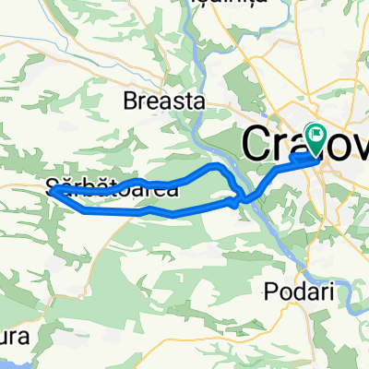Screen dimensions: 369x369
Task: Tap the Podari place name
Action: pos(298,290)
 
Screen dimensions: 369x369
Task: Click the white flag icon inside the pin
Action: pos(315,135)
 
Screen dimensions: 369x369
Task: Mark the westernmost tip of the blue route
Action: pos(50,191)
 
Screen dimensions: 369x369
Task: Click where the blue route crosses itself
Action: pos(241,196)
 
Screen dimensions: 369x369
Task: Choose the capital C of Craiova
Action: pos(257,146)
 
